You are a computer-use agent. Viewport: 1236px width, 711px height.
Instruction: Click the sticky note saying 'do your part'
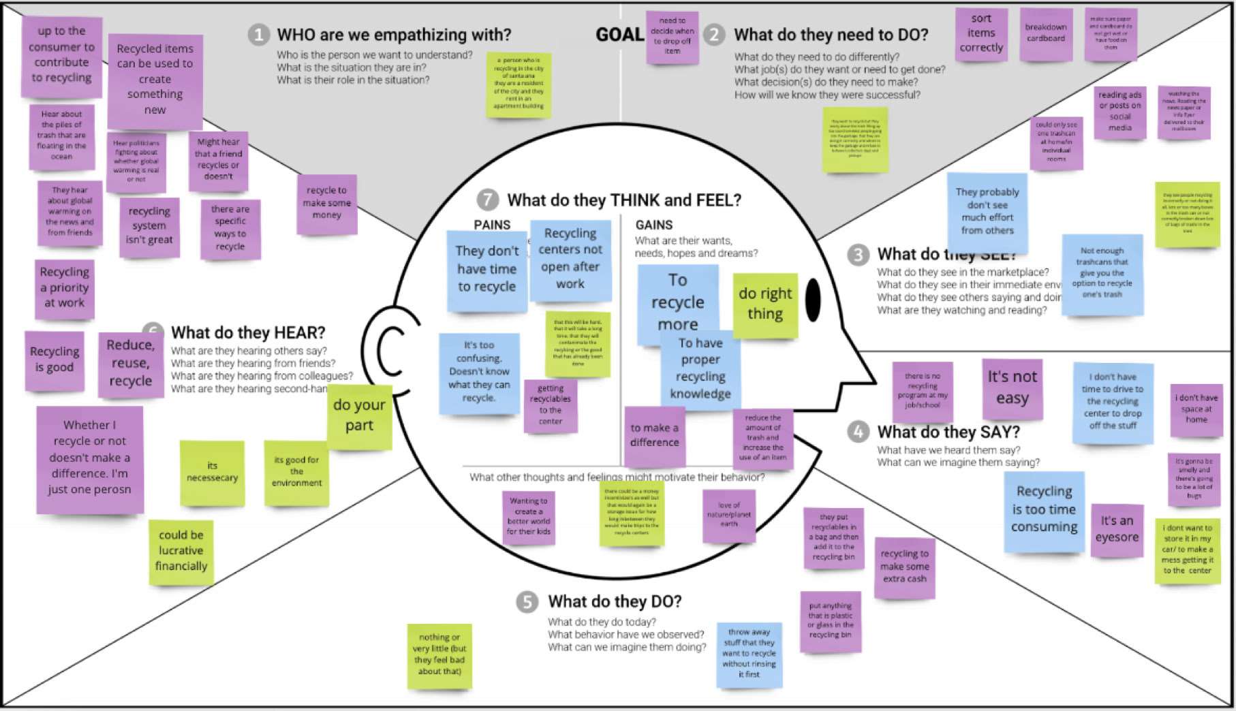[359, 415]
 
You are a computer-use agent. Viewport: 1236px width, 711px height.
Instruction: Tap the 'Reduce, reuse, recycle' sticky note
[130, 363]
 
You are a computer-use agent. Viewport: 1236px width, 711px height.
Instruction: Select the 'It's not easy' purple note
[1012, 388]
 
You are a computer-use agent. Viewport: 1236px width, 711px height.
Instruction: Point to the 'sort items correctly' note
[981, 33]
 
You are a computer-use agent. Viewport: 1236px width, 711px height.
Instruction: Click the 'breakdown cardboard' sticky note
[1045, 33]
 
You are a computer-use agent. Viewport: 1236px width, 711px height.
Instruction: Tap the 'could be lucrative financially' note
[181, 550]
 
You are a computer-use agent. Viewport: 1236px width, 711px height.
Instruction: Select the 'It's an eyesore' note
[1117, 529]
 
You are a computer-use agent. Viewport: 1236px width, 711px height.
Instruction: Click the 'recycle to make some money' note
[326, 203]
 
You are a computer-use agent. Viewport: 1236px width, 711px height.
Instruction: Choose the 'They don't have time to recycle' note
[486, 270]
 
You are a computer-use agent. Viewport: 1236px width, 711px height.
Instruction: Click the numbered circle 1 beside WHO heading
[258, 35]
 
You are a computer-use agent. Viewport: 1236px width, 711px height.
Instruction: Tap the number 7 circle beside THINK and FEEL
[487, 200]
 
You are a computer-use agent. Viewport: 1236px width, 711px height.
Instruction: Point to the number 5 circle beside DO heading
[527, 602]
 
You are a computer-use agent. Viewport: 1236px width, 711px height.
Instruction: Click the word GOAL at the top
[619, 35]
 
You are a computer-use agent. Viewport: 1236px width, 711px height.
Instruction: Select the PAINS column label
[492, 225]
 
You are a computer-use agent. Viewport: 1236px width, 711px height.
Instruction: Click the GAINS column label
[653, 225]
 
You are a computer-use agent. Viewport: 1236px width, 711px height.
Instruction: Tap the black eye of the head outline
[813, 300]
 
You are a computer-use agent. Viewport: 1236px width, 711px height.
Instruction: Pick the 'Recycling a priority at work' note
[65, 287]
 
